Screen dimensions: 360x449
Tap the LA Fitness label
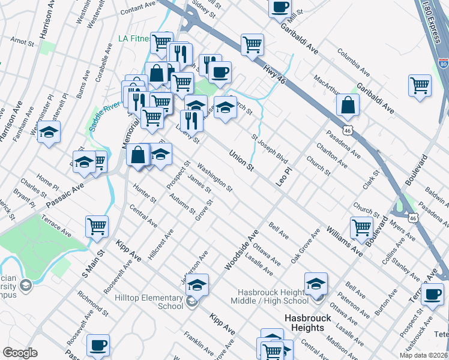133,38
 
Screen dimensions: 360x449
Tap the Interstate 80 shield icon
442,62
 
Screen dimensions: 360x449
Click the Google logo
20,353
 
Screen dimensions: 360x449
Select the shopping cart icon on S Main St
97,227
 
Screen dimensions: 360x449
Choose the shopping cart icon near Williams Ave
361,227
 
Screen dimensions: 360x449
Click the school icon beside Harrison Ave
49,132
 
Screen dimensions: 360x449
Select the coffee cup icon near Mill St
280,7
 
